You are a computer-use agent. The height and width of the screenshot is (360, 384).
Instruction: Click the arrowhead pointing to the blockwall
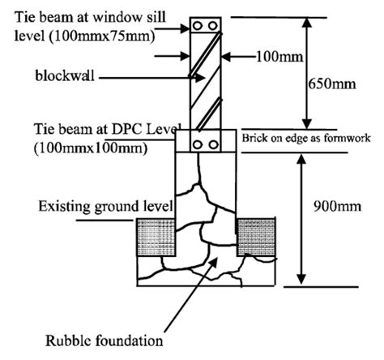point(186,79)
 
